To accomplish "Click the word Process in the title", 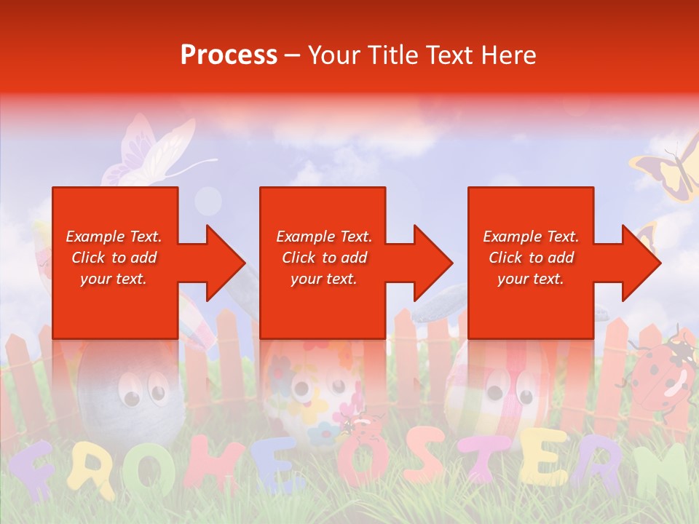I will pyautogui.click(x=229, y=55).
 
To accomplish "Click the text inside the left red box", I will pyautogui.click(x=114, y=258).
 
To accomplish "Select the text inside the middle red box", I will pyautogui.click(x=323, y=258).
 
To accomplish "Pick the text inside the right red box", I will pyautogui.click(x=531, y=258).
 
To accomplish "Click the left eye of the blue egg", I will pyautogui.click(x=131, y=397).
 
